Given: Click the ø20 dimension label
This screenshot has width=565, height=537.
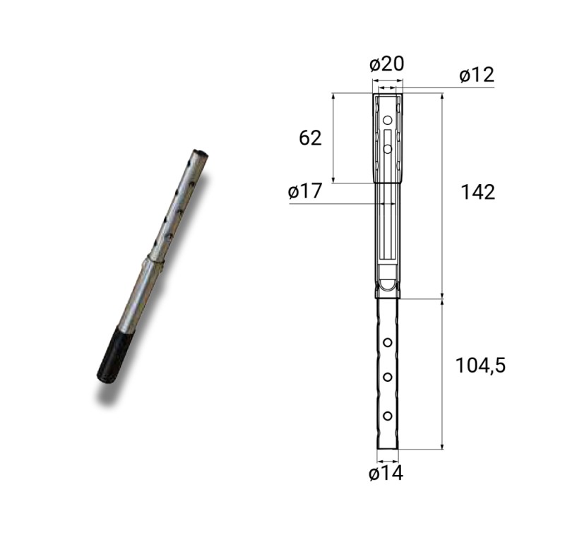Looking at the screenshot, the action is pyautogui.click(x=386, y=64).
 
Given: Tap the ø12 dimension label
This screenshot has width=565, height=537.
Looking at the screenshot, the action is pyautogui.click(x=477, y=76).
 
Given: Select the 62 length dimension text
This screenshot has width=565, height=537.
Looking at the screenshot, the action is pyautogui.click(x=310, y=138).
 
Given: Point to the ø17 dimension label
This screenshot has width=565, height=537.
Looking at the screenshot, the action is pyautogui.click(x=304, y=191).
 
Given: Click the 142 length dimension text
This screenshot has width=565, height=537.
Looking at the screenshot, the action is pyautogui.click(x=478, y=192).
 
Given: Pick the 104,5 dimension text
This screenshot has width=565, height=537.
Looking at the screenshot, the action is pyautogui.click(x=481, y=366).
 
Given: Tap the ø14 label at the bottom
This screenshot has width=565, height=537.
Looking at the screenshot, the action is pyautogui.click(x=386, y=473).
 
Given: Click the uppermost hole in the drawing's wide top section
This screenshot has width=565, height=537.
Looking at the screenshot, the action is pyautogui.click(x=387, y=119).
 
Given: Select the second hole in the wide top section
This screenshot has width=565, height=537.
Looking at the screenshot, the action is pyautogui.click(x=387, y=149).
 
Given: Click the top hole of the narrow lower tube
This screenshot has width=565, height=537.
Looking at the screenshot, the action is pyautogui.click(x=387, y=342).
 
